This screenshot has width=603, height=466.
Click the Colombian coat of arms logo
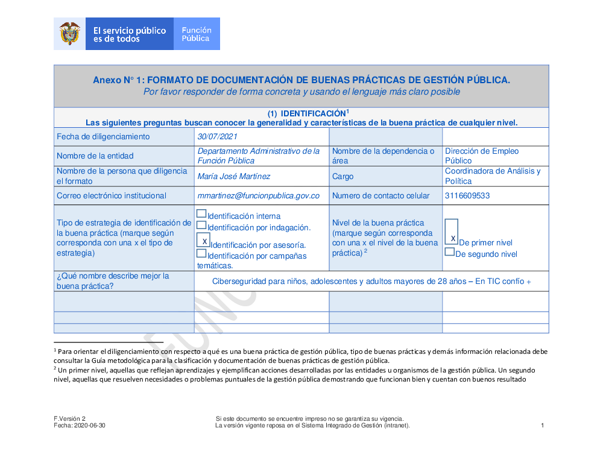pyautogui.click(x=70, y=34)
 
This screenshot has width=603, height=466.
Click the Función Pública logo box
pyautogui.click(x=197, y=34)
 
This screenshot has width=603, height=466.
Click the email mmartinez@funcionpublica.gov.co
pyautogui.click(x=258, y=196)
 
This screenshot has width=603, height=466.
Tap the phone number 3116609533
pyautogui.click(x=467, y=196)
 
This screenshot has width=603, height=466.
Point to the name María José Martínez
pyautogui.click(x=233, y=177)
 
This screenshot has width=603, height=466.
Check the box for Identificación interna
pyautogui.click(x=201, y=213)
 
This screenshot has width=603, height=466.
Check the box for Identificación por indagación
pyautogui.click(x=201, y=225)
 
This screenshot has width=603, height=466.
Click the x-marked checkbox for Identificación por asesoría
pyautogui.click(x=204, y=241)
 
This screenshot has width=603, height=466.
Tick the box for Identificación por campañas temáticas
pyautogui.click(x=201, y=253)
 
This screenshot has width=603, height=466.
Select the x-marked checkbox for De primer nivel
pyautogui.click(x=452, y=233)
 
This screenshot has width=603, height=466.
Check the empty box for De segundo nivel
pyautogui.click(x=449, y=252)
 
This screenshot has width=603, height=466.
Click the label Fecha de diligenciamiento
pyautogui.click(x=103, y=137)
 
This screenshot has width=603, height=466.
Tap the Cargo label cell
pyautogui.click(x=343, y=177)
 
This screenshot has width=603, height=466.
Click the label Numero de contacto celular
pyautogui.click(x=380, y=196)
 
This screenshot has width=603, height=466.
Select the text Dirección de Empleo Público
pyautogui.click(x=481, y=156)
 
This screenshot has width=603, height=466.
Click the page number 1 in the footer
pyautogui.click(x=542, y=426)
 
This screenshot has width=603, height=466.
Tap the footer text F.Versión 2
pyautogui.click(x=70, y=419)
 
